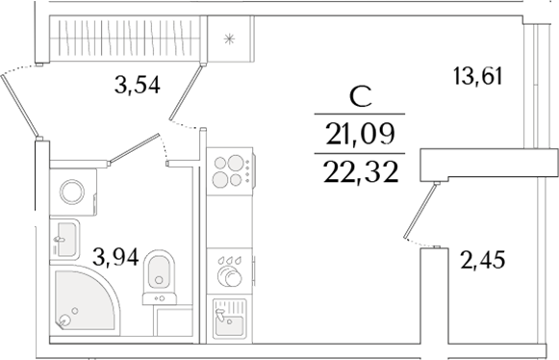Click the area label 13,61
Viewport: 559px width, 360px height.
(478, 76)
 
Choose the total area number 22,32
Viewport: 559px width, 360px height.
(361, 171)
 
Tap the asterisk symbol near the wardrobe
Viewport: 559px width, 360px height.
(229, 39)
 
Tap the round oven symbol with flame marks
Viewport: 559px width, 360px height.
(229, 273)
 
